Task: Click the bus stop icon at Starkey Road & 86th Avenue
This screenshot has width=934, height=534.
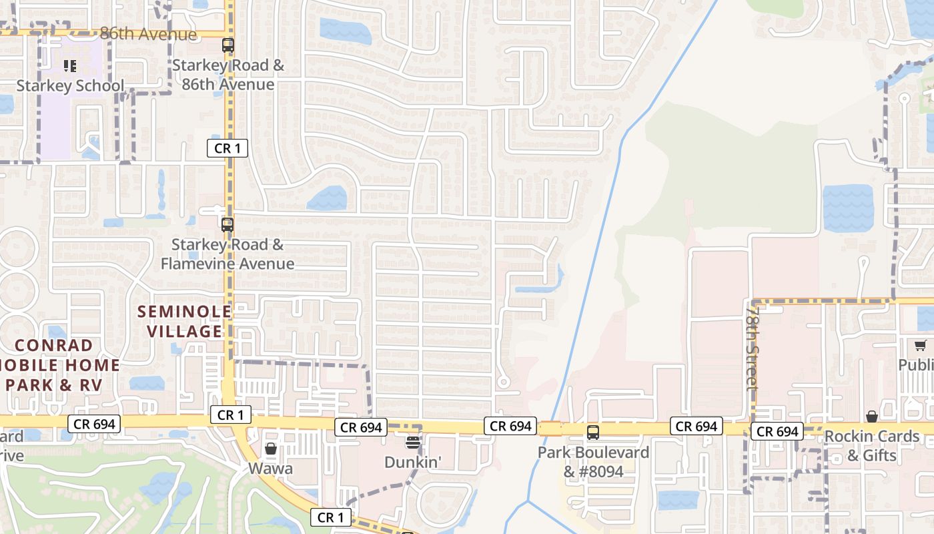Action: tap(228, 46)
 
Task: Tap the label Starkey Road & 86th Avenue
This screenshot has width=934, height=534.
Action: tap(228, 75)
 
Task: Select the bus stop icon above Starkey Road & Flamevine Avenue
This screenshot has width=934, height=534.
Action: tap(227, 224)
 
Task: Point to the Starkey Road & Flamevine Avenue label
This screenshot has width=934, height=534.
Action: tap(227, 254)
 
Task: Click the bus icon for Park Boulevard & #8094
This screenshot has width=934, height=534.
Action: tap(593, 433)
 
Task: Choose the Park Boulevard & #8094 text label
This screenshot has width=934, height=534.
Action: tap(593, 462)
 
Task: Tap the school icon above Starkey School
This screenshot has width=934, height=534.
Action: tap(70, 66)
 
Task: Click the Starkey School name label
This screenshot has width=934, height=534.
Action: tap(70, 85)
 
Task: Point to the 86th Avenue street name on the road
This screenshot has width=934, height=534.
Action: tap(148, 33)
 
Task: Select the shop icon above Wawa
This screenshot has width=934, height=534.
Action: tap(271, 449)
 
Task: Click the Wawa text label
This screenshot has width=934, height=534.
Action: tap(270, 469)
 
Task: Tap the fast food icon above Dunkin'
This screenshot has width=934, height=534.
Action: tap(413, 442)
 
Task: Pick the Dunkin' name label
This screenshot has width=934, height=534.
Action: tap(413, 462)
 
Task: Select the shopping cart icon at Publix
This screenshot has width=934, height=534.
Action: tap(921, 346)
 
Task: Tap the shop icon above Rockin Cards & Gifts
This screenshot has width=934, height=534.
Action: tap(872, 417)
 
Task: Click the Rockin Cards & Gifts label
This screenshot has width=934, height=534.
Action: tap(872, 446)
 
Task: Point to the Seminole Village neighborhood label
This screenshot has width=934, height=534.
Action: tap(184, 321)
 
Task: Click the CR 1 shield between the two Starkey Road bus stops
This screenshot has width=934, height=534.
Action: tap(227, 148)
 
